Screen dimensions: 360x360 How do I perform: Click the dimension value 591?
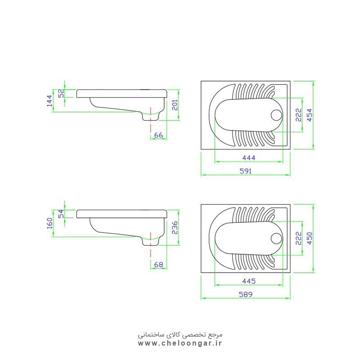pyautogui.click(x=245, y=171)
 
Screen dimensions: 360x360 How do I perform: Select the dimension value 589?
pyautogui.click(x=245, y=294)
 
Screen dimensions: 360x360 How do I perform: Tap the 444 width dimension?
pyautogui.click(x=249, y=158)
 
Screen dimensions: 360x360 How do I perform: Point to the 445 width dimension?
pyautogui.click(x=249, y=281)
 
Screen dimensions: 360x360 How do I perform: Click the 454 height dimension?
pyautogui.click(x=310, y=115)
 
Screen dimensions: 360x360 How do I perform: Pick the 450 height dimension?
pyautogui.click(x=310, y=238)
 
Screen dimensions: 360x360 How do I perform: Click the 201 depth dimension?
pyautogui.click(x=175, y=105)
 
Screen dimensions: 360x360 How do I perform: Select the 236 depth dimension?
pyautogui.click(x=175, y=228)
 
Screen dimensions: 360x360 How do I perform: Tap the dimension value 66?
pyautogui.click(x=158, y=135)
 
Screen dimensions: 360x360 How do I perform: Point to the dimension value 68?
pyautogui.click(x=158, y=265)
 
